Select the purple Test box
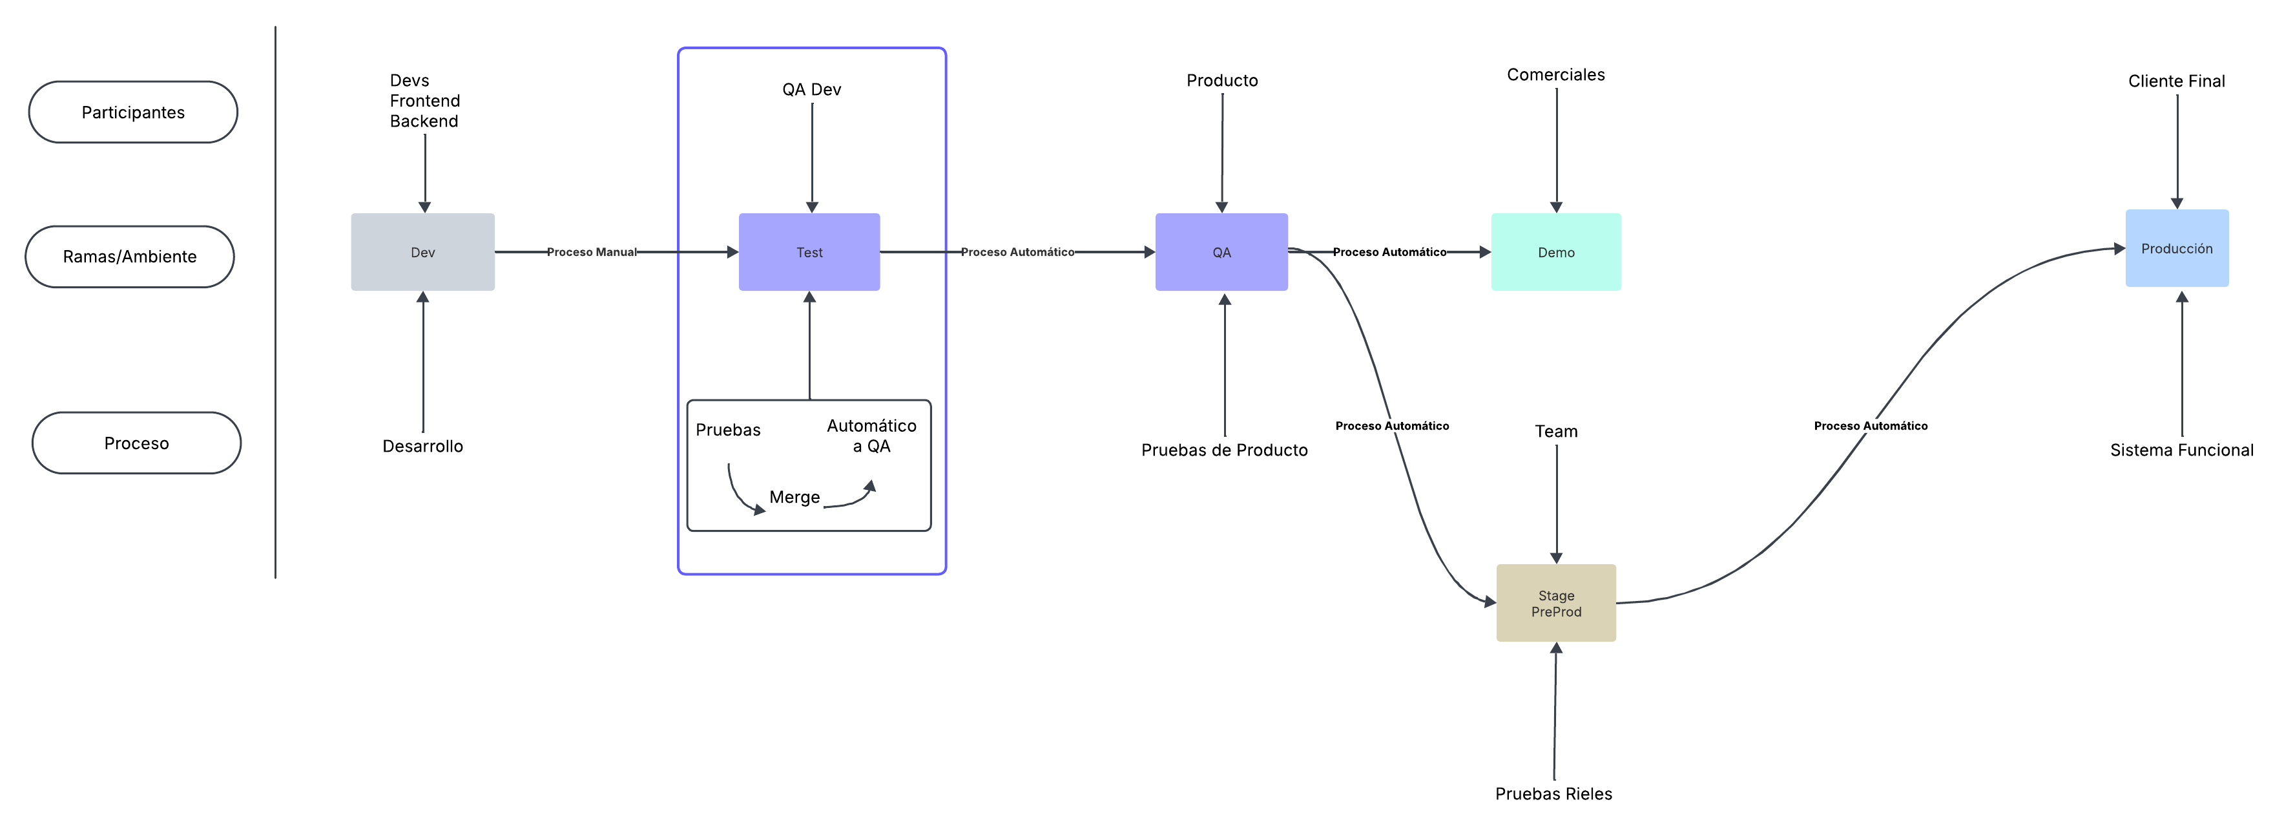click(x=809, y=252)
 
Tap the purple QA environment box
click(x=1221, y=252)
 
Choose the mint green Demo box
click(x=1555, y=252)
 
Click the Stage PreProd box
click(x=1555, y=603)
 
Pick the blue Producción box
click(x=2176, y=248)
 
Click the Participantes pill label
click(x=133, y=112)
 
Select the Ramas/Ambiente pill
click(x=129, y=257)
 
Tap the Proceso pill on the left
click(x=136, y=443)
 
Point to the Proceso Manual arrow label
click(x=592, y=252)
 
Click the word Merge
click(x=794, y=497)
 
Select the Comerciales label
click(x=1555, y=74)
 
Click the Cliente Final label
click(x=2176, y=81)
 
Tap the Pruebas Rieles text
click(x=1553, y=793)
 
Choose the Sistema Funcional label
click(x=2181, y=450)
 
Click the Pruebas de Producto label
click(x=1223, y=450)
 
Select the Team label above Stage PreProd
click(x=1555, y=431)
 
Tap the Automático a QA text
click(x=871, y=436)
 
